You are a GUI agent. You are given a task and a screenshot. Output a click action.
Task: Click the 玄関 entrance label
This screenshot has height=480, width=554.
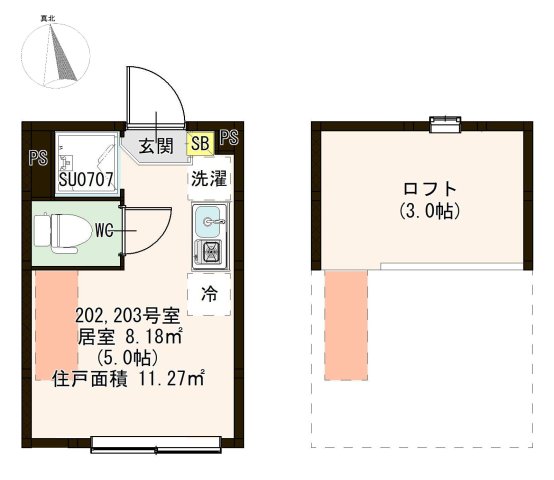click(155, 146)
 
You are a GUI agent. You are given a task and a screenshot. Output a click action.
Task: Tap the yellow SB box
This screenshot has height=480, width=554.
click(199, 145)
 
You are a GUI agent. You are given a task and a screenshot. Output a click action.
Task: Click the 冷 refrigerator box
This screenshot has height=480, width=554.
click(210, 294)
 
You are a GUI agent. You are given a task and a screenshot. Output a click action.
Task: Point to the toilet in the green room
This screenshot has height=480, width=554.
click(56, 231)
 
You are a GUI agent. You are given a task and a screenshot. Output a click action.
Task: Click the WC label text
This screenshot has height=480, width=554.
click(105, 230)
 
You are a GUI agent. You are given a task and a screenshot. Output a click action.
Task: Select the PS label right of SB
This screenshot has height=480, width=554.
click(229, 139)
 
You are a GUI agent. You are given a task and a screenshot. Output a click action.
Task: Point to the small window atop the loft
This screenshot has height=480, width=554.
click(441, 123)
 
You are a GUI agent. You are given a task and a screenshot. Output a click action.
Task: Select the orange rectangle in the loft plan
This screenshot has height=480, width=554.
click(345, 326)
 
